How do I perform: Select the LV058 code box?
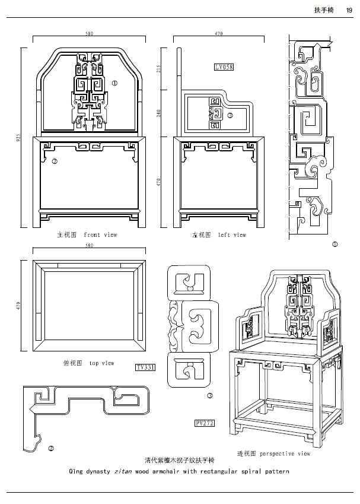224,68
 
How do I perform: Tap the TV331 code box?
145,368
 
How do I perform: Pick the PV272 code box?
204,423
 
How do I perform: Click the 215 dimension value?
159,69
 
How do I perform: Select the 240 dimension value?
159,113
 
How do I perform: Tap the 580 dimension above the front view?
89,34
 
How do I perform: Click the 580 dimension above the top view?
89,245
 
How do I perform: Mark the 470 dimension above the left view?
219,34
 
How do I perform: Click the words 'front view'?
100,235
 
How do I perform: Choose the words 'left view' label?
231,235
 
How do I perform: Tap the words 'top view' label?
101,363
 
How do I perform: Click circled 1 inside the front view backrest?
114,84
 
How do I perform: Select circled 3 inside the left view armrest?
230,115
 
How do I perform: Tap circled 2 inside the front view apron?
54,161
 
